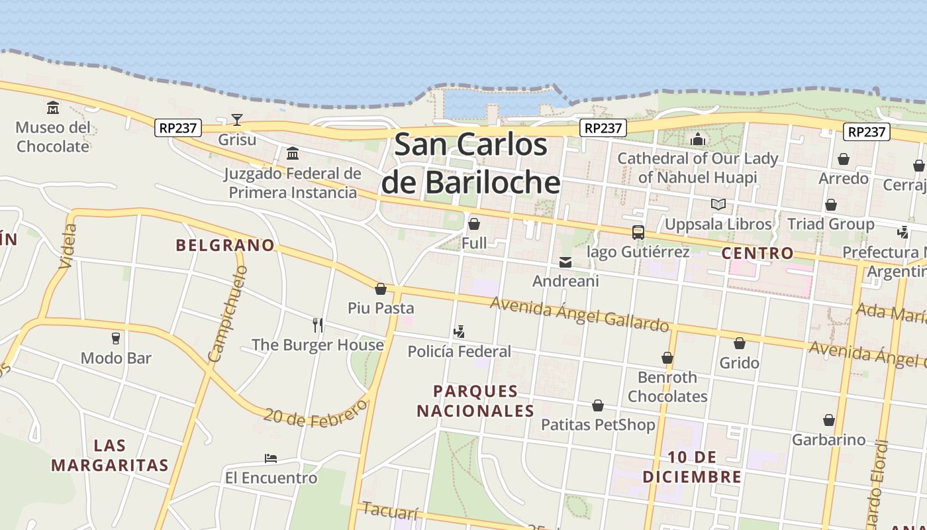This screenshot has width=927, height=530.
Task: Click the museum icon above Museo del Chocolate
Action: (x=53, y=107)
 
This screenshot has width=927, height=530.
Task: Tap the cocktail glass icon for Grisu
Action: (x=237, y=120)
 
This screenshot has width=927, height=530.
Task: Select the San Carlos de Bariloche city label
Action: (x=471, y=164)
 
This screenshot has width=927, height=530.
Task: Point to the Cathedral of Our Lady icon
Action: (x=697, y=139)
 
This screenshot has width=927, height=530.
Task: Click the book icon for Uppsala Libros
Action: (x=718, y=205)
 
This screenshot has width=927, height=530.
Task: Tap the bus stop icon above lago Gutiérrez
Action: (x=638, y=233)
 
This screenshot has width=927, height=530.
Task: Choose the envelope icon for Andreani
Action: (x=565, y=262)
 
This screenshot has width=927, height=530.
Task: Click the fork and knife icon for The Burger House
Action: (x=318, y=325)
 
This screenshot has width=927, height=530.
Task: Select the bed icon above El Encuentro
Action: (x=270, y=458)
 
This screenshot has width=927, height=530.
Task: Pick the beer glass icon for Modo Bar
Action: (x=116, y=339)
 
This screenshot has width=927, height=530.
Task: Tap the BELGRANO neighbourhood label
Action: (x=225, y=245)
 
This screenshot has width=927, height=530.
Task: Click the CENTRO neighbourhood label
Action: (x=757, y=253)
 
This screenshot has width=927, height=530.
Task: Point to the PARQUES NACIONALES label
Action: (x=475, y=401)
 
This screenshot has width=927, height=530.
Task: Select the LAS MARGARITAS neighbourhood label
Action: (x=110, y=455)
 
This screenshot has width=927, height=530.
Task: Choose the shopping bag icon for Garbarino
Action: (x=828, y=420)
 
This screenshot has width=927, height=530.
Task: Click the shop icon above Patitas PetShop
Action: (x=598, y=405)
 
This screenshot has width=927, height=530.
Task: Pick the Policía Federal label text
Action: (x=460, y=352)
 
